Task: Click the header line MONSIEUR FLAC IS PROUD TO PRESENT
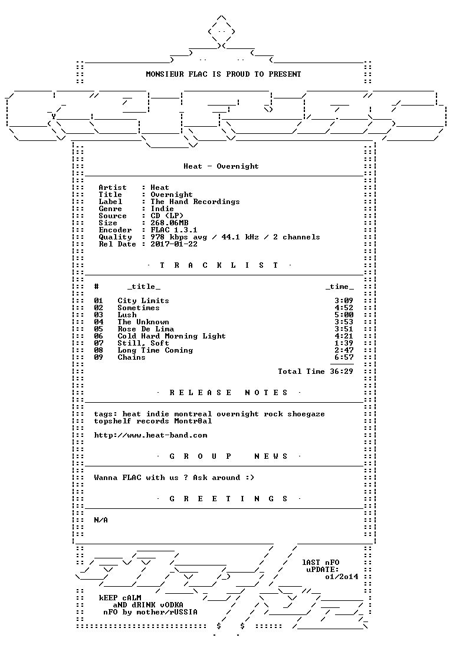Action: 224,74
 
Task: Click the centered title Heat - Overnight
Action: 221,166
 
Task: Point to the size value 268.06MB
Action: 169,223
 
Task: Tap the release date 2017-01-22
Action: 174,244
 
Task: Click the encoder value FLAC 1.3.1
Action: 174,230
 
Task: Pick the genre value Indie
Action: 162,209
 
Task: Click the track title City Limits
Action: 143,301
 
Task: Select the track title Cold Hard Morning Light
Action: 172,336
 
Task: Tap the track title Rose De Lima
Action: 146,329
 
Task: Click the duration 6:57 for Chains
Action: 344,357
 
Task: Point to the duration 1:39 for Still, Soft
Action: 344,343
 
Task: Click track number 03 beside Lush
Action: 99,315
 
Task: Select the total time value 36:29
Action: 342,371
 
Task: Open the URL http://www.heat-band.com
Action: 150,436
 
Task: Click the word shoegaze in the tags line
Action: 306,415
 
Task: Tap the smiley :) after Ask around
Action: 250,478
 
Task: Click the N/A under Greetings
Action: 101,520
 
